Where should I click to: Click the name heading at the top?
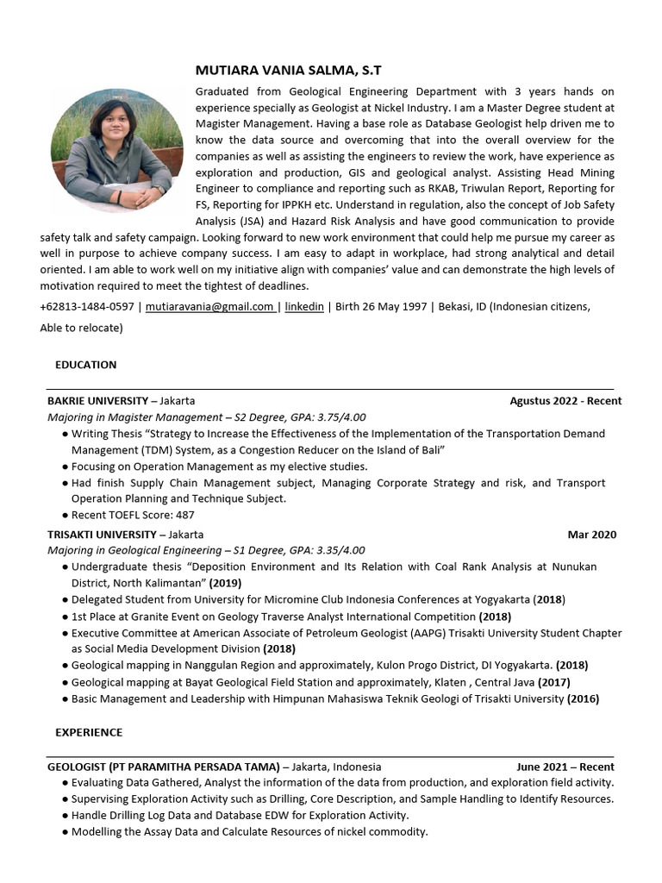pos(276,70)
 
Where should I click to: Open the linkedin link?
pos(304,306)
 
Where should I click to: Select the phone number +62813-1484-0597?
pos(87,306)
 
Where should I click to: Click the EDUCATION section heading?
pos(86,365)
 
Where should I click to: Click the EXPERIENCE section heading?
pos(89,732)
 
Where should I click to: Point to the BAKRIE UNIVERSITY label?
pos(97,401)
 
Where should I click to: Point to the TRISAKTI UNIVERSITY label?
pos(102,535)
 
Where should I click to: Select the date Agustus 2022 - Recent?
pos(565,401)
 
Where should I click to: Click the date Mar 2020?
pos(592,535)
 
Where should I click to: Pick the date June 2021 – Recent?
pos(565,767)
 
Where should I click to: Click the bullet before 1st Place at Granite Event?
pos(66,617)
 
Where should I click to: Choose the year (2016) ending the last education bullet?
pos(583,698)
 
